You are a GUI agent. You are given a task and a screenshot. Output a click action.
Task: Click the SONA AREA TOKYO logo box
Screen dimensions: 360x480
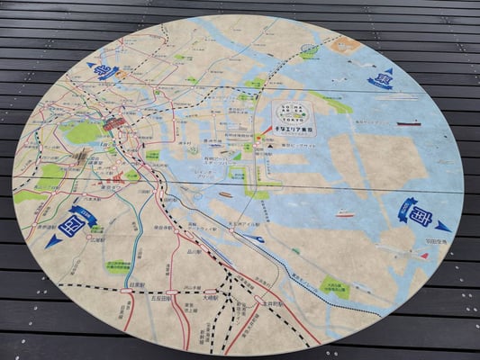[x=294, y=116]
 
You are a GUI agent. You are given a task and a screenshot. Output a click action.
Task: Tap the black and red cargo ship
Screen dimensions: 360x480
[x=408, y=123]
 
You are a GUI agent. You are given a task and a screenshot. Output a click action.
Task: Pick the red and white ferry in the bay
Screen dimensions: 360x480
[x=345, y=214]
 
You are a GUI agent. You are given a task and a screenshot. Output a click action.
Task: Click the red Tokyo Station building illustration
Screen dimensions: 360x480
[x=114, y=124]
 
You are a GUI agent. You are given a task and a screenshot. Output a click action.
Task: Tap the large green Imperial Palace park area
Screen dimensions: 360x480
[x=83, y=133]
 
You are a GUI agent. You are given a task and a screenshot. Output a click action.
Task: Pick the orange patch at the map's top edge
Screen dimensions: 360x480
[x=345, y=44]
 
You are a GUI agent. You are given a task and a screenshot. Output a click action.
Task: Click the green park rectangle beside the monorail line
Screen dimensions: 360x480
[x=335, y=288]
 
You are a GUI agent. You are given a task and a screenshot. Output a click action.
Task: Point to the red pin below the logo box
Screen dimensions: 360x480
[x=267, y=131]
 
